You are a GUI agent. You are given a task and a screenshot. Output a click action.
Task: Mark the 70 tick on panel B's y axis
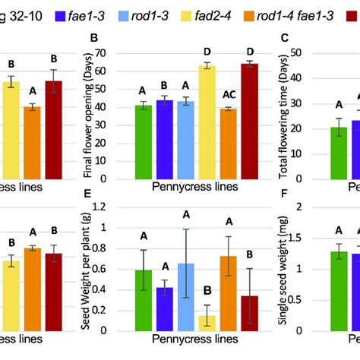point(120,54)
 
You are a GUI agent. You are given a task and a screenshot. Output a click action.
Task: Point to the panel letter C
point(284,39)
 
